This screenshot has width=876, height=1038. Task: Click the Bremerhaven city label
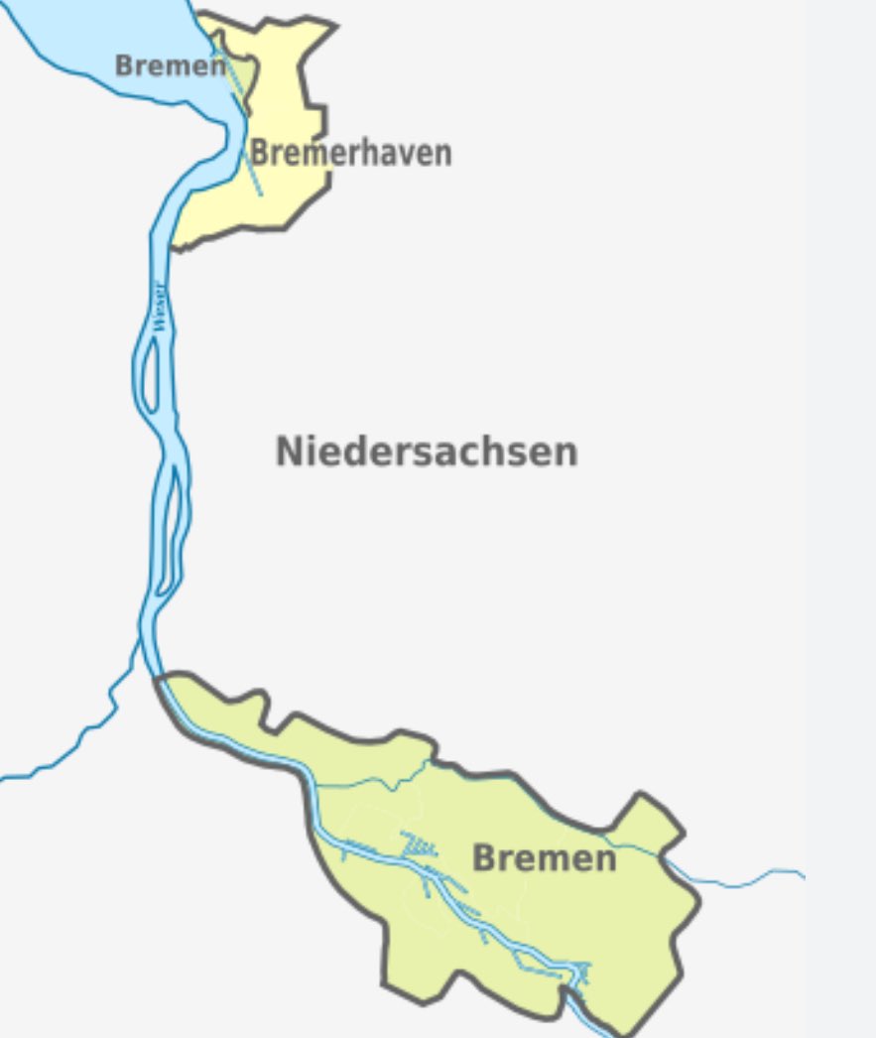pyautogui.click(x=350, y=153)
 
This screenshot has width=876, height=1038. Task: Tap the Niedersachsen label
pyautogui.click(x=427, y=452)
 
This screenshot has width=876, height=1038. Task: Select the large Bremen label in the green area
pyautogui.click(x=544, y=857)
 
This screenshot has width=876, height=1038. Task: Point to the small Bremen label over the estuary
pyautogui.click(x=170, y=66)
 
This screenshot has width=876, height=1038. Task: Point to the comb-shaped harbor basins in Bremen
pyautogui.click(x=420, y=845)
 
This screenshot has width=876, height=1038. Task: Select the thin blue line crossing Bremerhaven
pyautogui.click(x=248, y=149)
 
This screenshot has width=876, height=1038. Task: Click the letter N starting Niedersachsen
pyautogui.click(x=288, y=452)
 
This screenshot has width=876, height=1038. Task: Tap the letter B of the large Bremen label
pyautogui.click(x=485, y=857)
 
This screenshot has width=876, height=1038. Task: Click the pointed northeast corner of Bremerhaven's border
pyautogui.click(x=332, y=25)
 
